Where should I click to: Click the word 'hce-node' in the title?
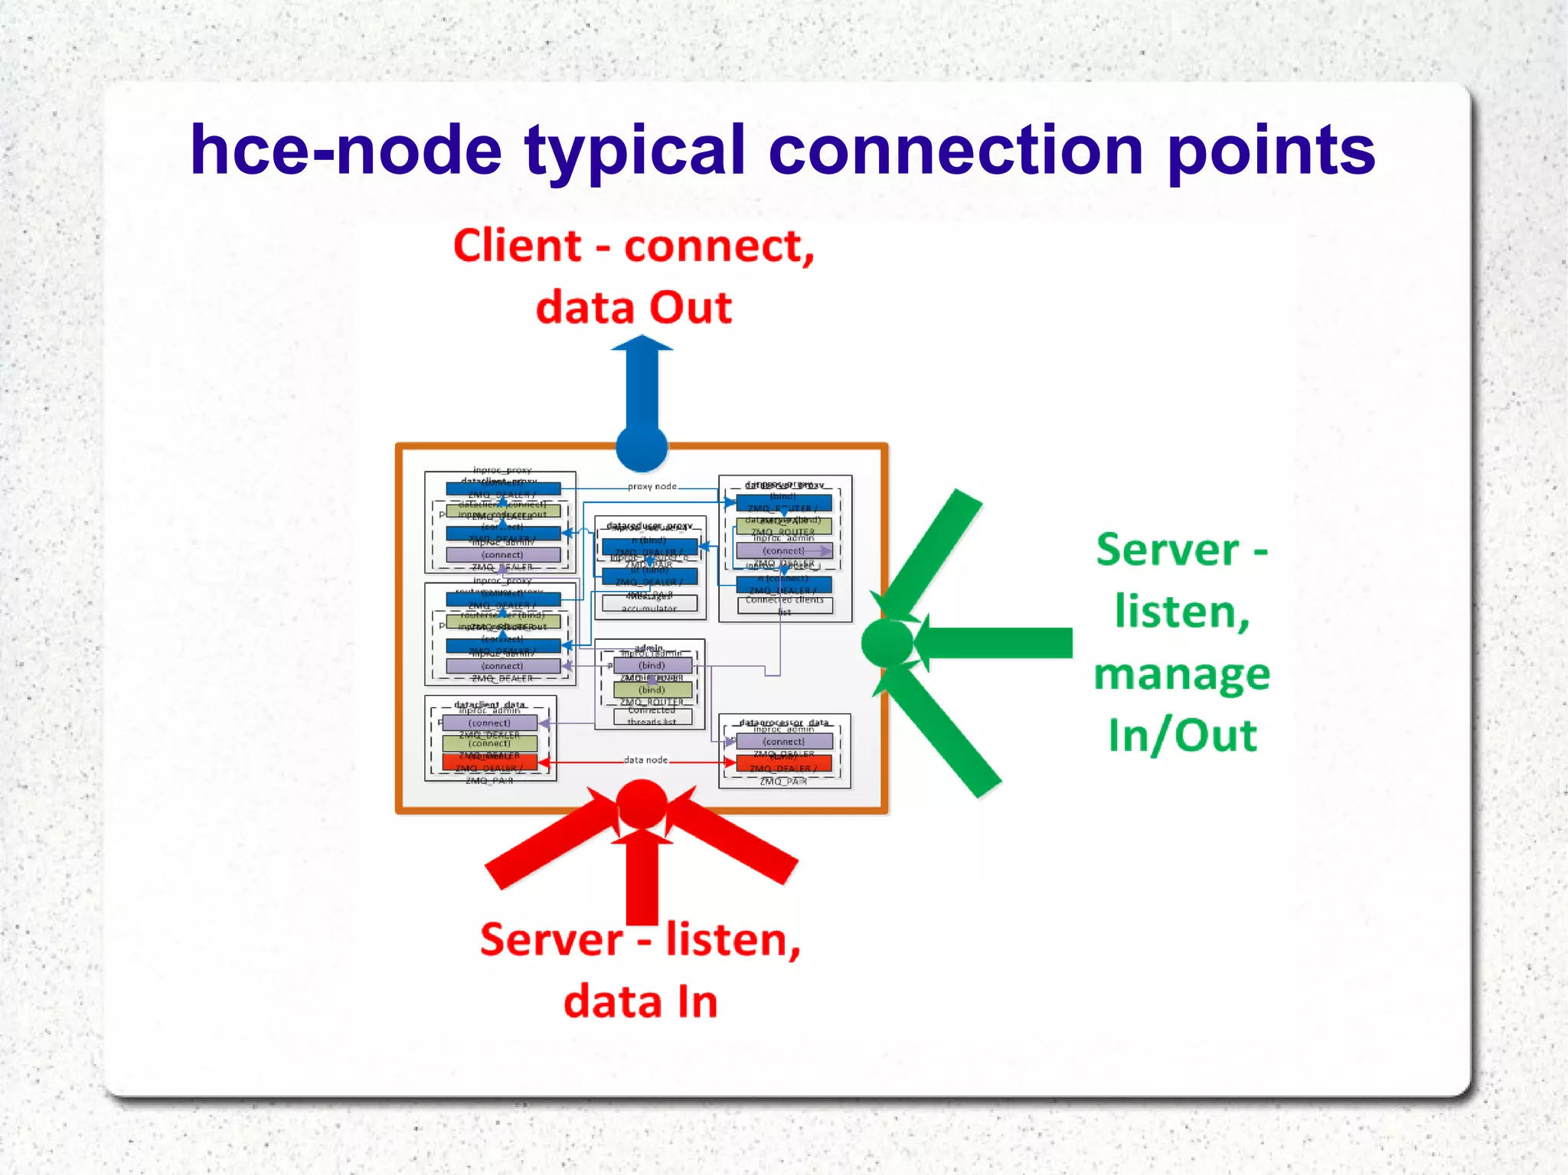[345, 151]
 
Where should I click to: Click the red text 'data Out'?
[634, 308]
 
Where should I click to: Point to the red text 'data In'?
[641, 1002]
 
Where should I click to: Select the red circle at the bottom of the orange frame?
[642, 804]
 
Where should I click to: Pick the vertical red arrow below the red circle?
[642, 880]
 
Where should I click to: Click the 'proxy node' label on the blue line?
[652, 487]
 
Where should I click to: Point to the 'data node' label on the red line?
[645, 760]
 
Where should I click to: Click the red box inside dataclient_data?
[490, 762]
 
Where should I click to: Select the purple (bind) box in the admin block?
[652, 666]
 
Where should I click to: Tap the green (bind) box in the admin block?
[652, 690]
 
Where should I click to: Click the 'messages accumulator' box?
[649, 603]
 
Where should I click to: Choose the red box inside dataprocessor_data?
[783, 763]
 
